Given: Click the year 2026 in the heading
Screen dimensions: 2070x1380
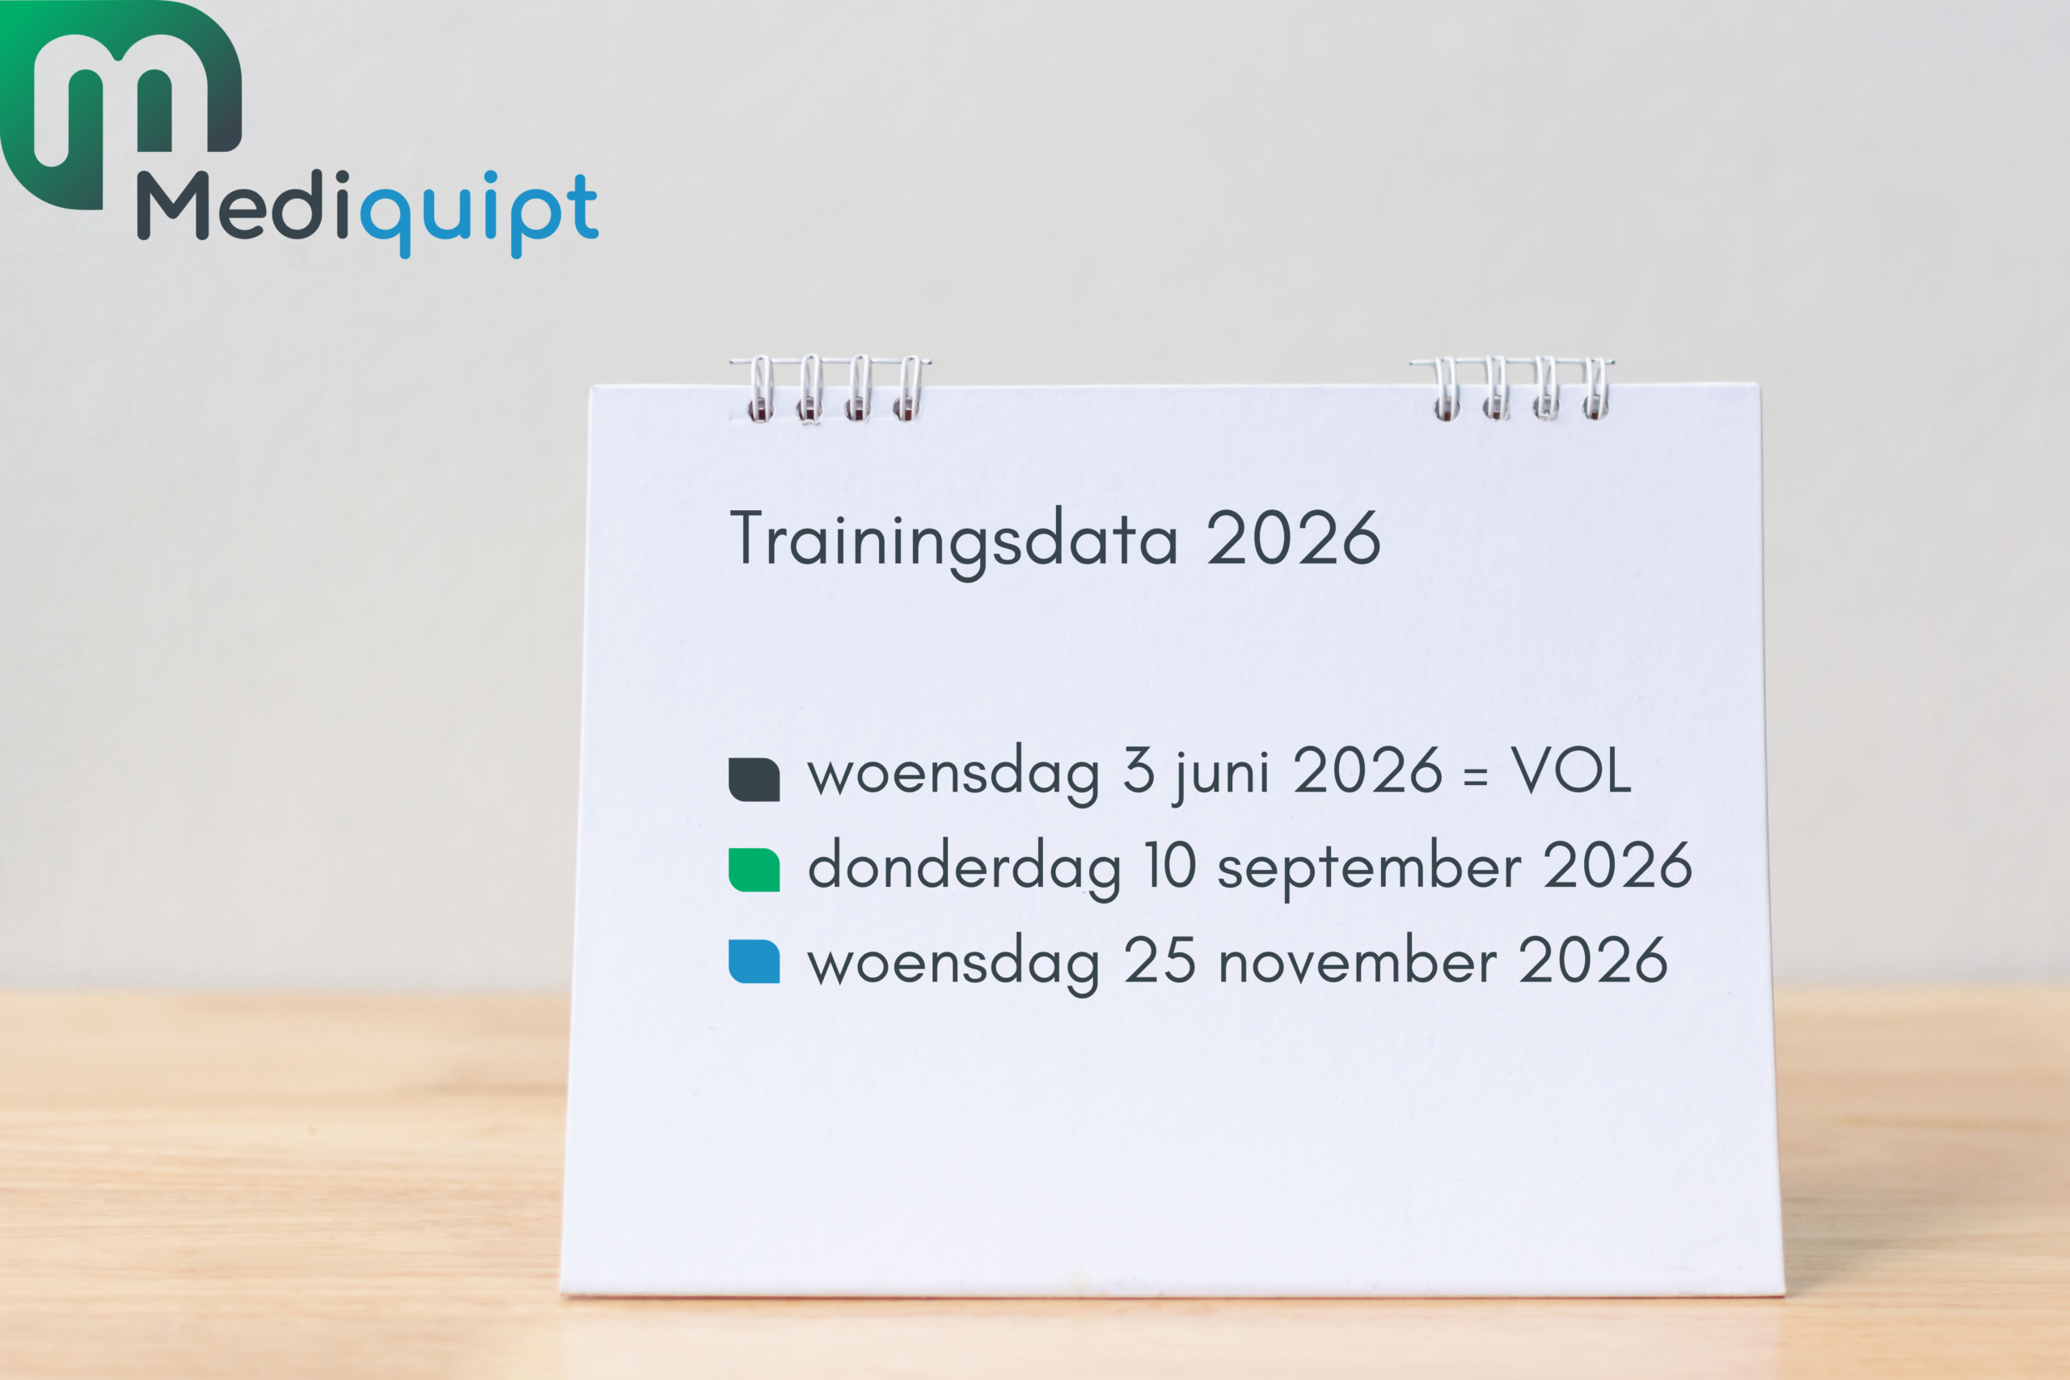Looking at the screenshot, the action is pyautogui.click(x=1293, y=538).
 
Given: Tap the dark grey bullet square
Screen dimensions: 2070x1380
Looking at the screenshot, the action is pyautogui.click(x=754, y=780).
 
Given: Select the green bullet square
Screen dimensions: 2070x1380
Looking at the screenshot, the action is pyautogui.click(x=754, y=871).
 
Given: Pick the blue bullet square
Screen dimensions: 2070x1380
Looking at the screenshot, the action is pyautogui.click(x=754, y=961).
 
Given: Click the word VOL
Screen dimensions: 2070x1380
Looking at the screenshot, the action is pyautogui.click(x=1571, y=771).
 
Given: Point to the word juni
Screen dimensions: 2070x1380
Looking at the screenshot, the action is pyautogui.click(x=1220, y=775).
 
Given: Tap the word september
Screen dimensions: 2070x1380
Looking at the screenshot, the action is pyautogui.click(x=1369, y=870).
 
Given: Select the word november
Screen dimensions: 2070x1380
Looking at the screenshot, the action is pyautogui.click(x=1357, y=961).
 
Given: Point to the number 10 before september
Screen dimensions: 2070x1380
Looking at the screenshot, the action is pyautogui.click(x=1170, y=865).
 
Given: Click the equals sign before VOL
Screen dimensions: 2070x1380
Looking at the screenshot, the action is pyautogui.click(x=1476, y=776).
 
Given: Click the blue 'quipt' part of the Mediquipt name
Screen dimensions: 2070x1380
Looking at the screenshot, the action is pyautogui.click(x=479, y=214).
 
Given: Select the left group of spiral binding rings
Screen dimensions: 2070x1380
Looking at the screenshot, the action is pyautogui.click(x=830, y=388).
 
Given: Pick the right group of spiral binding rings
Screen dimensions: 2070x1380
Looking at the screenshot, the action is pyautogui.click(x=1512, y=388).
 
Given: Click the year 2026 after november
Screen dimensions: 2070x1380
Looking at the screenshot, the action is pyautogui.click(x=1593, y=960).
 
